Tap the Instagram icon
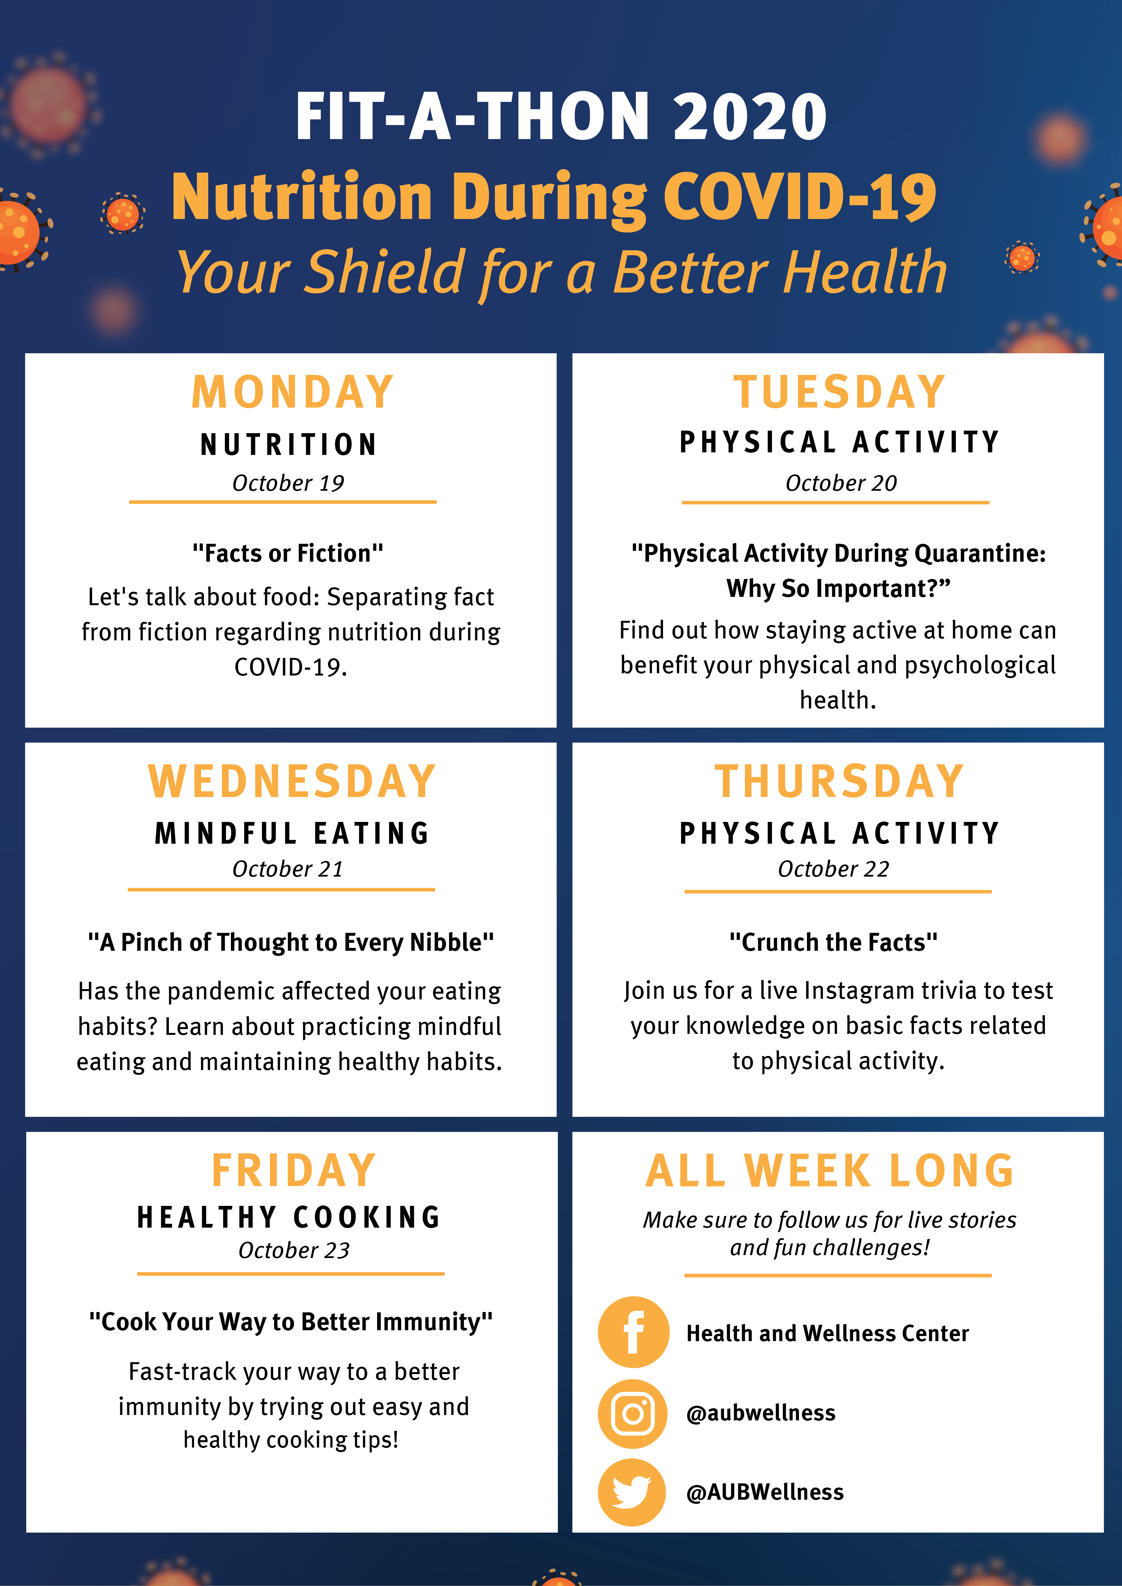(x=633, y=1413)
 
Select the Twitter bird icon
(x=631, y=1492)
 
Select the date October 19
(x=288, y=483)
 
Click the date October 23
(x=294, y=1250)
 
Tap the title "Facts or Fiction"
(x=288, y=553)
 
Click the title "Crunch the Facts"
(x=833, y=942)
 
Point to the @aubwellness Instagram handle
(x=761, y=1413)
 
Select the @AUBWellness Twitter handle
(x=765, y=1492)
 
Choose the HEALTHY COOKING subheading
(x=289, y=1217)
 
